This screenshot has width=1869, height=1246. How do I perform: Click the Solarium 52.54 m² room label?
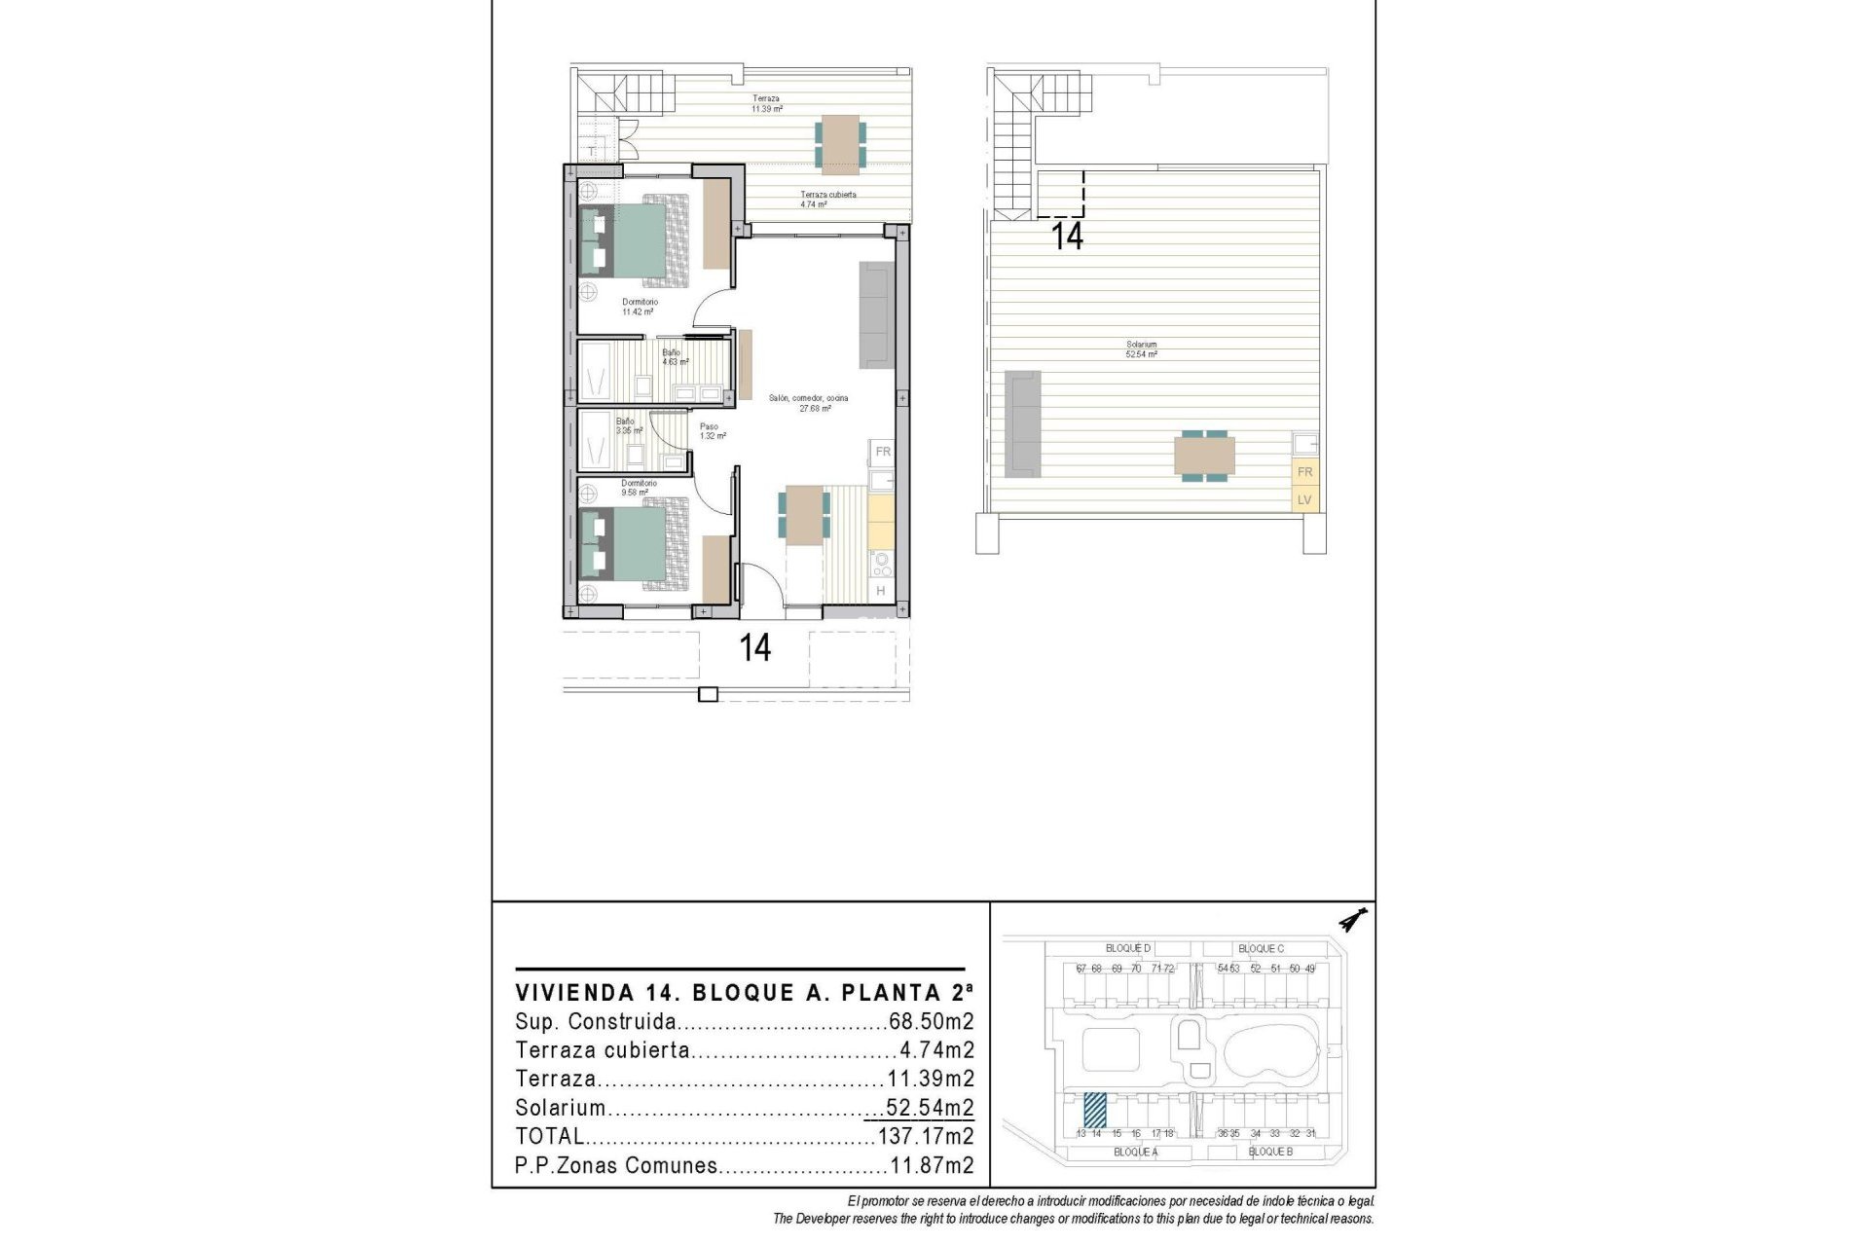pyautogui.click(x=1142, y=349)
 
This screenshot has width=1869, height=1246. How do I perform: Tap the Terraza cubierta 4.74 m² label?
pyautogui.click(x=828, y=200)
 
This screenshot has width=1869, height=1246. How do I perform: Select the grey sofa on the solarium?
pyautogui.click(x=1022, y=423)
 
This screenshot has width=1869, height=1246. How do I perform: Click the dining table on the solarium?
pyautogui.click(x=1204, y=456)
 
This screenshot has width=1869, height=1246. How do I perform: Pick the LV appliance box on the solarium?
pyautogui.click(x=1304, y=500)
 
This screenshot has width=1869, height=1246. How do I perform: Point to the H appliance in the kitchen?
pyautogui.click(x=880, y=591)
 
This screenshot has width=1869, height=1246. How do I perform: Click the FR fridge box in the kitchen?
pyautogui.click(x=882, y=452)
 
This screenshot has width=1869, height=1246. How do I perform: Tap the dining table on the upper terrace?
pyautogui.click(x=839, y=144)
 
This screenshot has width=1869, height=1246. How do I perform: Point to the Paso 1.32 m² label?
pyautogui.click(x=711, y=431)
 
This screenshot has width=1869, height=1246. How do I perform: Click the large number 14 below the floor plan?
pyautogui.click(x=755, y=648)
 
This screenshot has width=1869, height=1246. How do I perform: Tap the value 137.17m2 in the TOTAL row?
pyautogui.click(x=925, y=1136)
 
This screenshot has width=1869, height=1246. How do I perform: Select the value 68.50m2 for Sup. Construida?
pyautogui.click(x=931, y=1022)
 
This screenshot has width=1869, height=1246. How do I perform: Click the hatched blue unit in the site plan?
pyautogui.click(x=1095, y=1109)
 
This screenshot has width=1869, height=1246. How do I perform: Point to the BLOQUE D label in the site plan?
pyautogui.click(x=1128, y=948)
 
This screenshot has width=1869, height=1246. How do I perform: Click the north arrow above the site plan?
pyautogui.click(x=1352, y=919)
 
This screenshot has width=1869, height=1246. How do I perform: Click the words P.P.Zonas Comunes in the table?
pyautogui.click(x=616, y=1165)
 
